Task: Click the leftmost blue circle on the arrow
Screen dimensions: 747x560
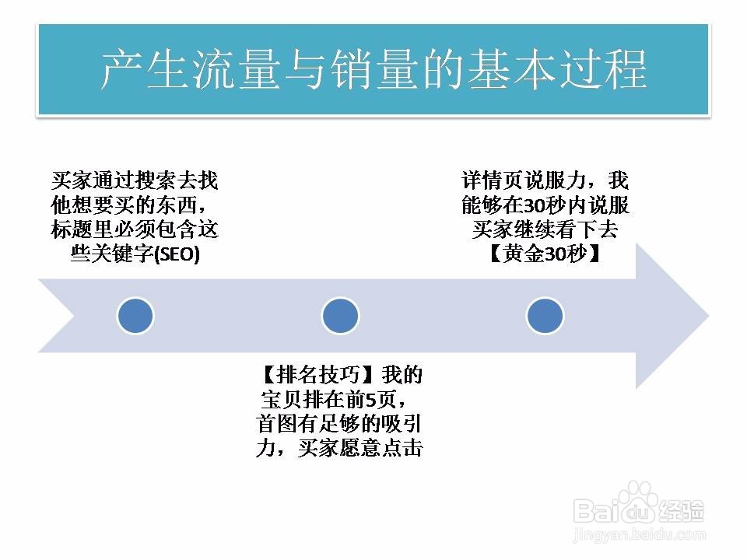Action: [135, 316]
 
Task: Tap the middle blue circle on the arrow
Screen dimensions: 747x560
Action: [340, 316]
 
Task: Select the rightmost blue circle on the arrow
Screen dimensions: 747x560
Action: [545, 316]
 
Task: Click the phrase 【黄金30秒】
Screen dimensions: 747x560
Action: [545, 254]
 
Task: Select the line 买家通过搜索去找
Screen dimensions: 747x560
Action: [135, 182]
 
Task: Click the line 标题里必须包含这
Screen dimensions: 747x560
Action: [135, 230]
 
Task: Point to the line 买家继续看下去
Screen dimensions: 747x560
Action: [545, 230]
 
